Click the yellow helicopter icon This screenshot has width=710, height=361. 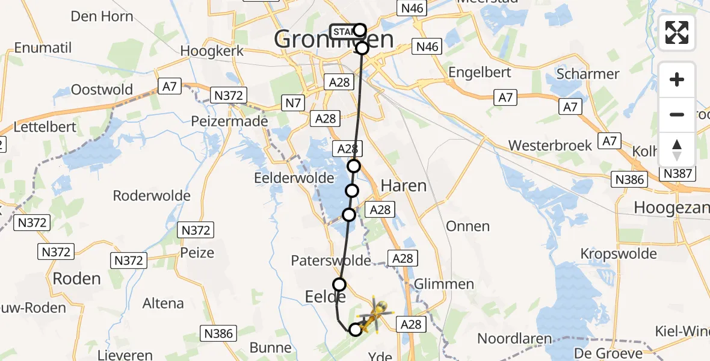pyautogui.click(x=374, y=315)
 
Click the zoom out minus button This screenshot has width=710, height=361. pyautogui.click(x=677, y=114)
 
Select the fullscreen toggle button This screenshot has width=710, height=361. pyautogui.click(x=677, y=32)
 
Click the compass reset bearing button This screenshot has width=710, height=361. pyautogui.click(x=677, y=149)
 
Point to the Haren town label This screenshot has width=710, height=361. pyautogui.click(x=404, y=186)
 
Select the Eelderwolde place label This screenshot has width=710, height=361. pyautogui.click(x=294, y=178)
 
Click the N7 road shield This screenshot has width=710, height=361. pyautogui.click(x=293, y=103)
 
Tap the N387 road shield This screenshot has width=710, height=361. pyautogui.click(x=678, y=174)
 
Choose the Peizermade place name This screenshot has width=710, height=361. pyautogui.click(x=229, y=121)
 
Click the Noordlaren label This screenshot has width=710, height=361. pyautogui.click(x=514, y=338)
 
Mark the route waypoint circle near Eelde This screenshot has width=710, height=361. pyautogui.click(x=339, y=285)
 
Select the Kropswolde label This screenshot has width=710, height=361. pyautogui.click(x=618, y=253)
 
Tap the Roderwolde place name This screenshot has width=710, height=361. pyautogui.click(x=152, y=196)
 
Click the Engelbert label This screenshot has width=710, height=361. pyautogui.click(x=480, y=72)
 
